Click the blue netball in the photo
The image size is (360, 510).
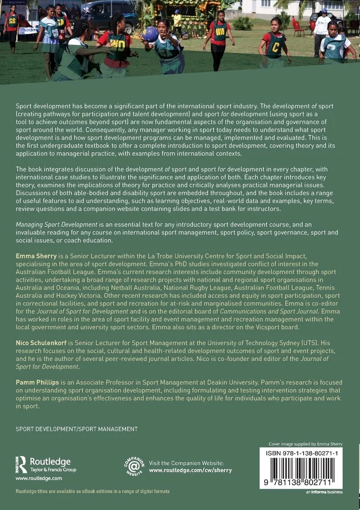[151, 34]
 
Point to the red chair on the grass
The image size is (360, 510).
[297, 27]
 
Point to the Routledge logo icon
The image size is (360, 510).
[21, 464]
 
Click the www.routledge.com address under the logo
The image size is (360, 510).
[39, 478]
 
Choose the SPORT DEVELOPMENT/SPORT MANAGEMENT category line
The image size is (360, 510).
[77, 429]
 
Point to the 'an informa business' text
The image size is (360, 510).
[324, 492]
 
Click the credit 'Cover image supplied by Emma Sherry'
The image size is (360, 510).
[305, 444]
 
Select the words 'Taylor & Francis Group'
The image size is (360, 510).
[53, 470]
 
